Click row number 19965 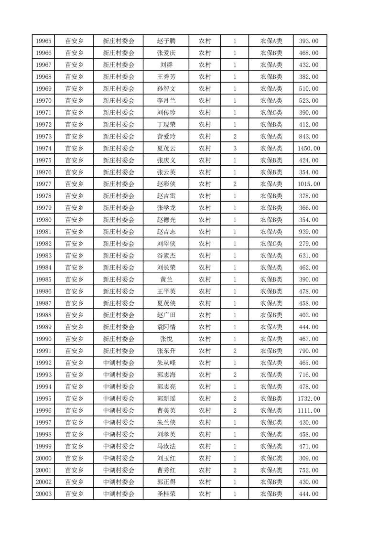point(43,41)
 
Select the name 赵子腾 point(166,41)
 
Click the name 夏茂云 point(166,148)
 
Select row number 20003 point(43,494)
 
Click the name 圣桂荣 point(166,494)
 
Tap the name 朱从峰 point(166,363)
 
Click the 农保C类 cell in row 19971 point(271,112)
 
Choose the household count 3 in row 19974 point(235,148)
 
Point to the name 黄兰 point(166,279)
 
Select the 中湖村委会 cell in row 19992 point(119,363)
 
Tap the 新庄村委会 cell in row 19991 point(119,351)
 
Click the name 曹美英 point(166,410)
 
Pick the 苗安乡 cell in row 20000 point(74,458)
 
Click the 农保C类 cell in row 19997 point(271,422)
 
